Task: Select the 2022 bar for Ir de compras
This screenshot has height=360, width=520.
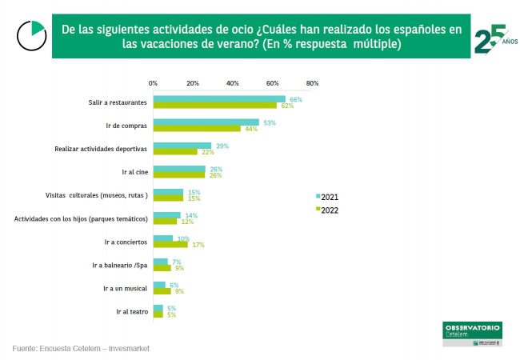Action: click(x=196, y=128)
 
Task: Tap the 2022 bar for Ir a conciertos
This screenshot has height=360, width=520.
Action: click(x=170, y=244)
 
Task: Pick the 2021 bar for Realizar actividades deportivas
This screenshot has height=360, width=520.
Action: click(x=182, y=146)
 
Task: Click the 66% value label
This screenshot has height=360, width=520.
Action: click(x=296, y=99)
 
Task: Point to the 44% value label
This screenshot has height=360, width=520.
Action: click(x=251, y=128)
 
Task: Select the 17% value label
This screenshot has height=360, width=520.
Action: click(x=198, y=244)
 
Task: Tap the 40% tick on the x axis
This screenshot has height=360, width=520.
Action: click(x=232, y=82)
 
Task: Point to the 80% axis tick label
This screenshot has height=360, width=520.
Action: click(x=312, y=82)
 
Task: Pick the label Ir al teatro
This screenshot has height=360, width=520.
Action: click(x=132, y=311)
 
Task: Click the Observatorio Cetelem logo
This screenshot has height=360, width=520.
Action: click(x=472, y=332)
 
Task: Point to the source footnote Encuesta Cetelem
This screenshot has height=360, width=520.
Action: click(x=81, y=349)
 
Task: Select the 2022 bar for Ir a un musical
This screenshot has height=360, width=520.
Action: click(x=162, y=290)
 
